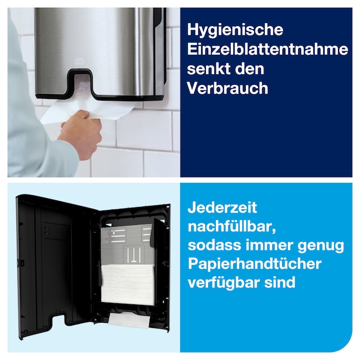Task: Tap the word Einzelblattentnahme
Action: click(268, 49)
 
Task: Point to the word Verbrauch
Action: click(227, 88)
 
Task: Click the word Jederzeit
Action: click(222, 208)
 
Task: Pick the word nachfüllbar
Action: click(232, 226)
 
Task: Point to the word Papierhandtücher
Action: click(255, 264)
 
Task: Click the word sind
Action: click(280, 282)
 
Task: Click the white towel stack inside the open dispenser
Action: click(128, 285)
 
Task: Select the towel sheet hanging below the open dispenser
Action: click(129, 320)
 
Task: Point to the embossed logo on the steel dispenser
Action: click(78, 62)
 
